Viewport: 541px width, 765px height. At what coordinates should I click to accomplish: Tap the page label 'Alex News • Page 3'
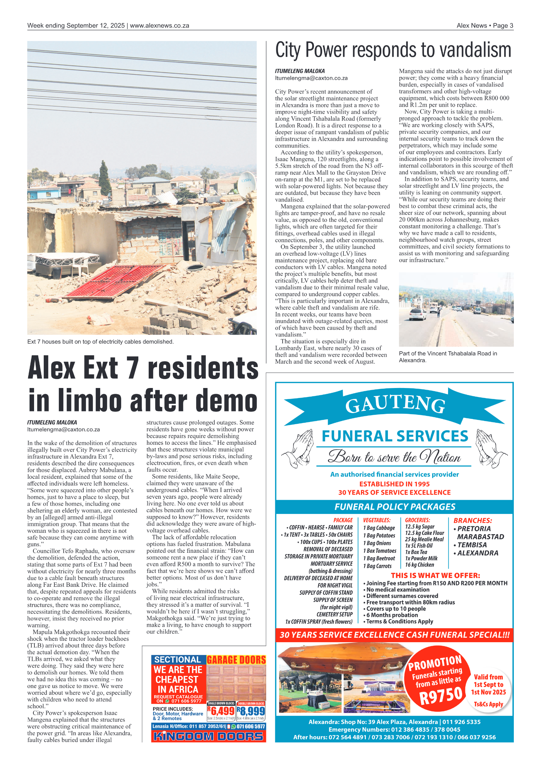pyautogui.click(x=485, y=25)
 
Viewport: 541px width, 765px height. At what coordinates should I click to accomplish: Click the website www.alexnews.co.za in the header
pyautogui.click(x=159, y=25)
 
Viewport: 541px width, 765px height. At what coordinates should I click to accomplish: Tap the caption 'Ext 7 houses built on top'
pyautogui.click(x=100, y=342)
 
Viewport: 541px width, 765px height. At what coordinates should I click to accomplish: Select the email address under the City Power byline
pyautogui.click(x=311, y=78)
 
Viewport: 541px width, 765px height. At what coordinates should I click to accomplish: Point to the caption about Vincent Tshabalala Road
pyautogui.click(x=447, y=357)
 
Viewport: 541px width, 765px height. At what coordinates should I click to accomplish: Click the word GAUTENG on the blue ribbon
pyautogui.click(x=395, y=405)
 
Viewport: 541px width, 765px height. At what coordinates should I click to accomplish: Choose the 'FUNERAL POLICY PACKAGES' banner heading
pyautogui.click(x=394, y=507)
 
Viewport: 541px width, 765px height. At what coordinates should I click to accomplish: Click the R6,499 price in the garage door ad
pyautogui.click(x=221, y=711)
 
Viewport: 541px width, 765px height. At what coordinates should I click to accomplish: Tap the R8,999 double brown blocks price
pyautogui.click(x=251, y=711)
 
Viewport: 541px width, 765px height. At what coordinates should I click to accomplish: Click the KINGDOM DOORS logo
pyautogui.click(x=208, y=736)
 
